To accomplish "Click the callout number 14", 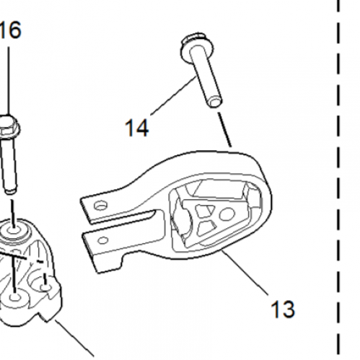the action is click(x=137, y=128).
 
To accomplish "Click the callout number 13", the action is click(x=283, y=309).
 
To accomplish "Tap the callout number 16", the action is click(x=11, y=30).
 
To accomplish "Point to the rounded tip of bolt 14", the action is click(x=214, y=102).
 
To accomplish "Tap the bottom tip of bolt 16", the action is click(x=11, y=191).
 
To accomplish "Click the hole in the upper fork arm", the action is click(x=100, y=206).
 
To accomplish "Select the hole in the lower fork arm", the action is click(x=103, y=240).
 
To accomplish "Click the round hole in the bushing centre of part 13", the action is click(x=227, y=214).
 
